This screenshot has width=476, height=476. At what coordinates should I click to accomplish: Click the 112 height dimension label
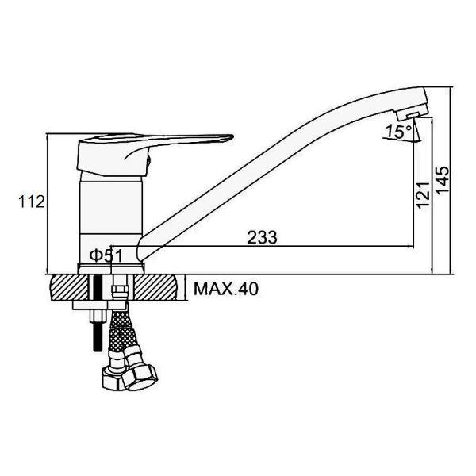(32, 202)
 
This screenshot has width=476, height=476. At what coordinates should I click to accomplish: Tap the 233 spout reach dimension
(262, 237)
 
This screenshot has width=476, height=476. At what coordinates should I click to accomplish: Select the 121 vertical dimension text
(423, 195)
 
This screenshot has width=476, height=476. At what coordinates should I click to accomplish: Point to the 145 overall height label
(442, 179)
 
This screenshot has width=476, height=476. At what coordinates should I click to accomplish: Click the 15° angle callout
(398, 132)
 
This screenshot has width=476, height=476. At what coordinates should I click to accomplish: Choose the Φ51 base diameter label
(106, 255)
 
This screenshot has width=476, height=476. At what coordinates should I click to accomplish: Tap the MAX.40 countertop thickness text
(226, 289)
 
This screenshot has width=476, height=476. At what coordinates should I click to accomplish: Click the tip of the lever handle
(233, 137)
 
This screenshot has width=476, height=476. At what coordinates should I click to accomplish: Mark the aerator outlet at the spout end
(413, 115)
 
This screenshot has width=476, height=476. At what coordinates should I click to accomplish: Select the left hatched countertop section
(70, 287)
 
